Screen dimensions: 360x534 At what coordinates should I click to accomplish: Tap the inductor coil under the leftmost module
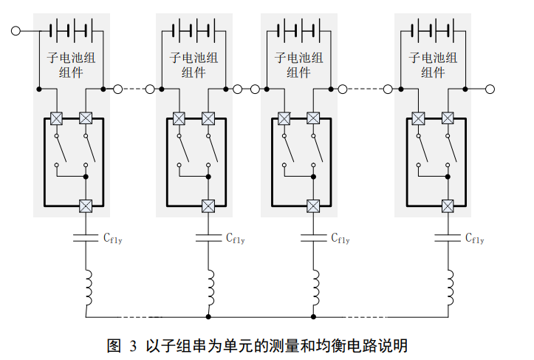tap(86, 288)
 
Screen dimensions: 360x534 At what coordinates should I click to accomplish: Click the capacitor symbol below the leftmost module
tap(86, 238)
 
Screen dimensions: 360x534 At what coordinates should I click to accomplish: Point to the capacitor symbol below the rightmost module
tap(448, 238)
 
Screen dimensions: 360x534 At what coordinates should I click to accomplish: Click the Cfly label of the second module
tap(236, 238)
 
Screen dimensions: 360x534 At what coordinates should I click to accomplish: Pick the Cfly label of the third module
tap(340, 238)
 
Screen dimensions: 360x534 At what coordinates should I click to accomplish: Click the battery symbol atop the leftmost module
tap(69, 30)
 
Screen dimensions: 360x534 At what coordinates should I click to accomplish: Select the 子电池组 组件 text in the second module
tap(194, 64)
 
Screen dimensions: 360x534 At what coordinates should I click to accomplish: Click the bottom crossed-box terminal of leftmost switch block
tap(86, 206)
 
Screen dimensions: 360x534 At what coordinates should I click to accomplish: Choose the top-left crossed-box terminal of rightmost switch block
tap(418, 118)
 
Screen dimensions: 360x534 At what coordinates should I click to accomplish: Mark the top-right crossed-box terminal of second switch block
tap(209, 118)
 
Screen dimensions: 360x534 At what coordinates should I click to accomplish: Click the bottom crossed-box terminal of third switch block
tap(313, 206)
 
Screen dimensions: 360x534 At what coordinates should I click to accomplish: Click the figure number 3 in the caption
tap(134, 345)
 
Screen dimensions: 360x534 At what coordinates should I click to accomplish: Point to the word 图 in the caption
tap(114, 345)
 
